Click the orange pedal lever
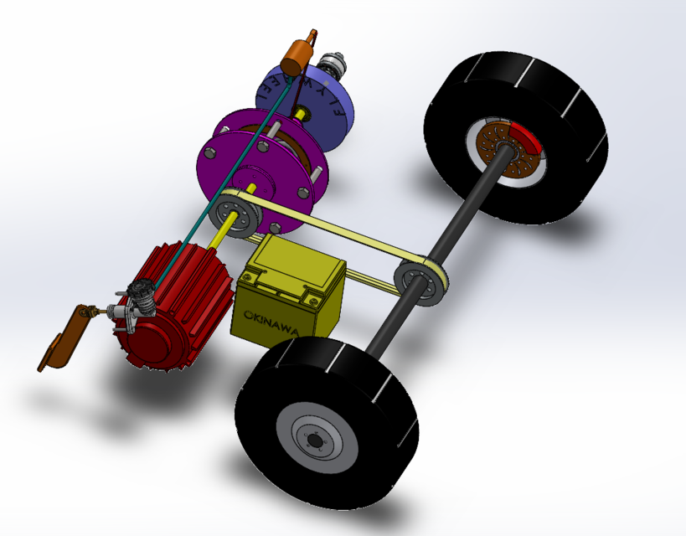pos(63,339)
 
